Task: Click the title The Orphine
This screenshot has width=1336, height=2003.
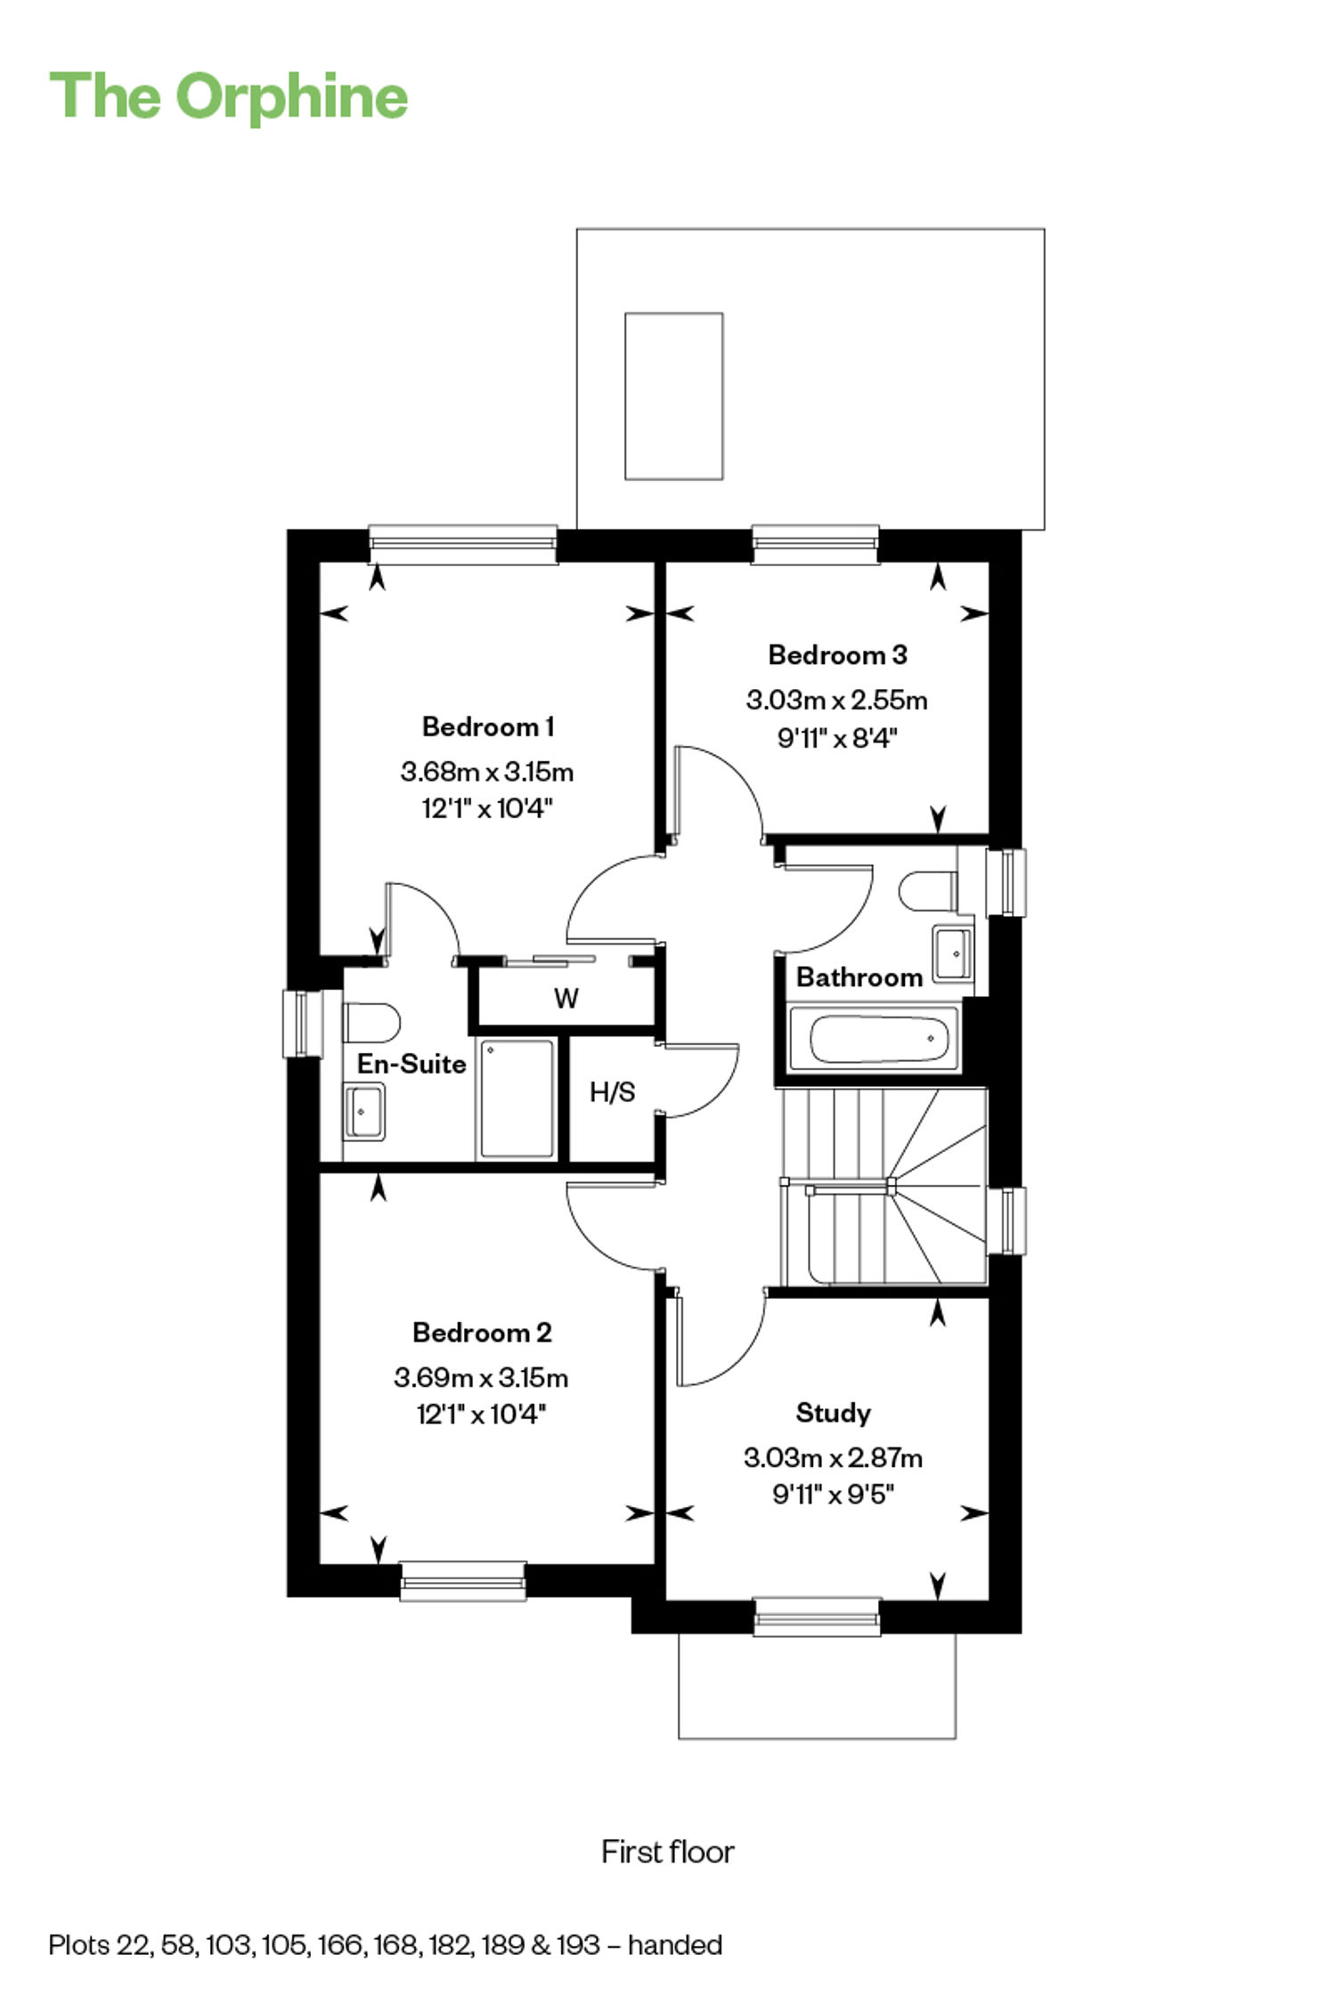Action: [229, 96]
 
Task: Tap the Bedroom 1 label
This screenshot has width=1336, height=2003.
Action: [488, 726]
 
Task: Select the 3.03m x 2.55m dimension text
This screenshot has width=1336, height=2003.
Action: [837, 700]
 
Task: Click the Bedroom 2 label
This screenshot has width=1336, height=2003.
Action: [482, 1332]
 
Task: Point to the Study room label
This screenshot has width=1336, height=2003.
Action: [833, 1413]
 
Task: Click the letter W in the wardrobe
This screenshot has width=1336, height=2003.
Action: [566, 998]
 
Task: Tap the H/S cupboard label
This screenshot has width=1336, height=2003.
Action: [613, 1092]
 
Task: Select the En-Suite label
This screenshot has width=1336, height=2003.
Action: [411, 1064]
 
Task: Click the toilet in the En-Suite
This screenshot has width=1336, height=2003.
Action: [371, 1023]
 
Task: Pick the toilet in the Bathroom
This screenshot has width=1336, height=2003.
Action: [929, 891]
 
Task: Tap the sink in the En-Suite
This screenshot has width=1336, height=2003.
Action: [364, 1111]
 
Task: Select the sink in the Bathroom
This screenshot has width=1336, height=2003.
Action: [953, 953]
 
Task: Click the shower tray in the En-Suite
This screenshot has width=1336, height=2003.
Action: [517, 1099]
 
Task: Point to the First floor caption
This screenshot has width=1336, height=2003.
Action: [668, 1852]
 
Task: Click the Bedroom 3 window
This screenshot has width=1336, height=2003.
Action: [815, 545]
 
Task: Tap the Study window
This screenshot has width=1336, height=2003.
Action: [817, 1617]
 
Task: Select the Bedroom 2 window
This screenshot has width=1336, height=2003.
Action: [462, 1581]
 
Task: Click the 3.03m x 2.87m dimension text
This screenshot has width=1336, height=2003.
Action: [834, 1457]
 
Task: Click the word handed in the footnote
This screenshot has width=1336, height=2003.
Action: [675, 1945]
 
